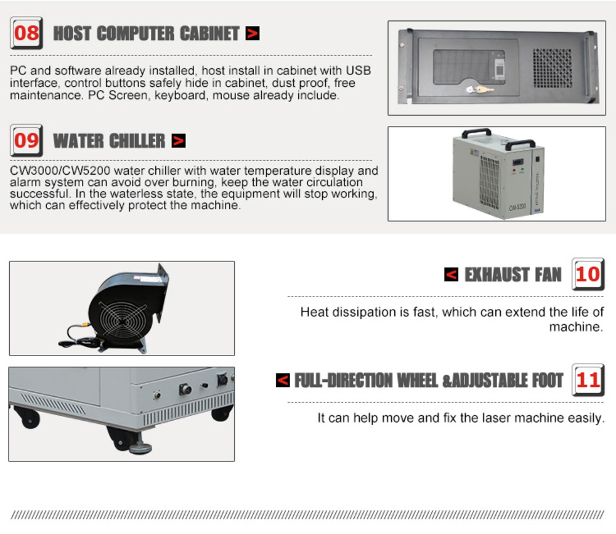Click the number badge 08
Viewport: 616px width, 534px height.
click(26, 33)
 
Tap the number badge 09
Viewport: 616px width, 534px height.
click(26, 140)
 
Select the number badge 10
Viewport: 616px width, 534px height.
click(588, 274)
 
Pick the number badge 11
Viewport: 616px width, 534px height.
click(588, 380)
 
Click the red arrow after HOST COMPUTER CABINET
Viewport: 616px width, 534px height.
click(253, 33)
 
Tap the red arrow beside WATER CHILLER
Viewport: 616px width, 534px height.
click(179, 140)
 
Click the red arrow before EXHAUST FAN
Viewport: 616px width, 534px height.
click(452, 274)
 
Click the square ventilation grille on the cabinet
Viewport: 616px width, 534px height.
click(553, 68)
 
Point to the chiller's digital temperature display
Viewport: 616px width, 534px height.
click(518, 162)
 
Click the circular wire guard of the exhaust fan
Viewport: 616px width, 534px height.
click(123, 321)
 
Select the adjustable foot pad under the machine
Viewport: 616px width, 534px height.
click(140, 447)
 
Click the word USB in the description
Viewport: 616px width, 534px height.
click(359, 70)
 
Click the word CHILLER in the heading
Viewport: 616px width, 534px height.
click(137, 141)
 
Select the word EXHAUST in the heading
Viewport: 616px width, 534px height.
click(496, 274)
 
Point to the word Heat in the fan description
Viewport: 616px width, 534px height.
click(315, 312)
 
